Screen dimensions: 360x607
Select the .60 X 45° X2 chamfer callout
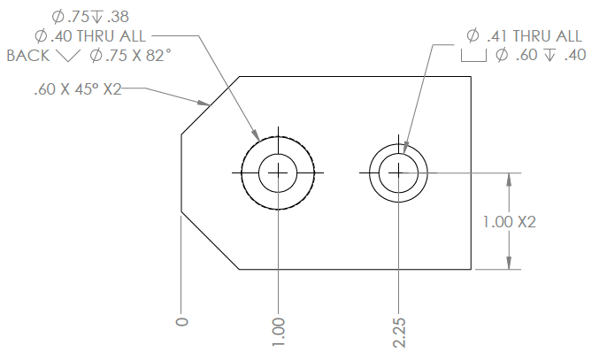(77, 89)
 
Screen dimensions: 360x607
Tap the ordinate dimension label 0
(182, 321)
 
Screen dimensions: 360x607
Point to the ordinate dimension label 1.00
(279, 329)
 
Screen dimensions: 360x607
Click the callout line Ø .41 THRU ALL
(524, 36)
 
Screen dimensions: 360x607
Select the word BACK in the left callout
(27, 56)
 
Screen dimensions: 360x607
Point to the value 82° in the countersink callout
(158, 56)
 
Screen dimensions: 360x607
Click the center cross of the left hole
(280, 172)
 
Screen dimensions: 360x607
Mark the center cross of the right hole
(399, 172)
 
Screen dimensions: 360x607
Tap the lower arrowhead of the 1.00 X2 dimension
(508, 263)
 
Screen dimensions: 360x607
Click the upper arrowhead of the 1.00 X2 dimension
(508, 178)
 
